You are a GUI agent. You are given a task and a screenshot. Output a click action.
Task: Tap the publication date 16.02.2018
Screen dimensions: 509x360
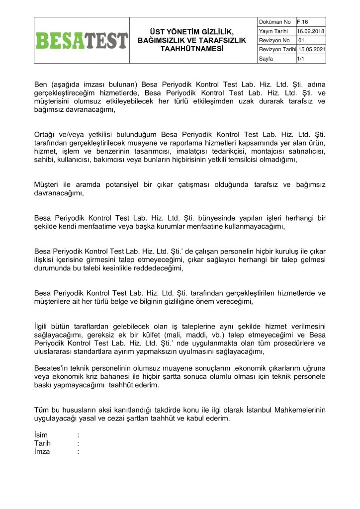tap(311, 31)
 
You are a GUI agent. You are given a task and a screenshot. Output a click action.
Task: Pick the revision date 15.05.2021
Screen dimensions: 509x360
tap(311, 50)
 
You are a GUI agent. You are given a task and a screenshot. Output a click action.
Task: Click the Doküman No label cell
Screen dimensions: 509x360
tap(275, 22)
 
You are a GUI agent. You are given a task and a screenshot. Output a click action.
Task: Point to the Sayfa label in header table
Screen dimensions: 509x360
tap(266, 59)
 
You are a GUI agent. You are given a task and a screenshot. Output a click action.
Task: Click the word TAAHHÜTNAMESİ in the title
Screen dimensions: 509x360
tap(191, 49)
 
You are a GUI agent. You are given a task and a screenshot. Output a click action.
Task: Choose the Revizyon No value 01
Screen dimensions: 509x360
tap(301, 41)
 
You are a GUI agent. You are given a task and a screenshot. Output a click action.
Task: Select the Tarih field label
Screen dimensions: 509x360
tap(42, 443)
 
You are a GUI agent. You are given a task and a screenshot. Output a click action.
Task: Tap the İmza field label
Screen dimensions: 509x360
tap(42, 452)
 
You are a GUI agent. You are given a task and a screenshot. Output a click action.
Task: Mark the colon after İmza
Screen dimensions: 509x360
tap(79, 452)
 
